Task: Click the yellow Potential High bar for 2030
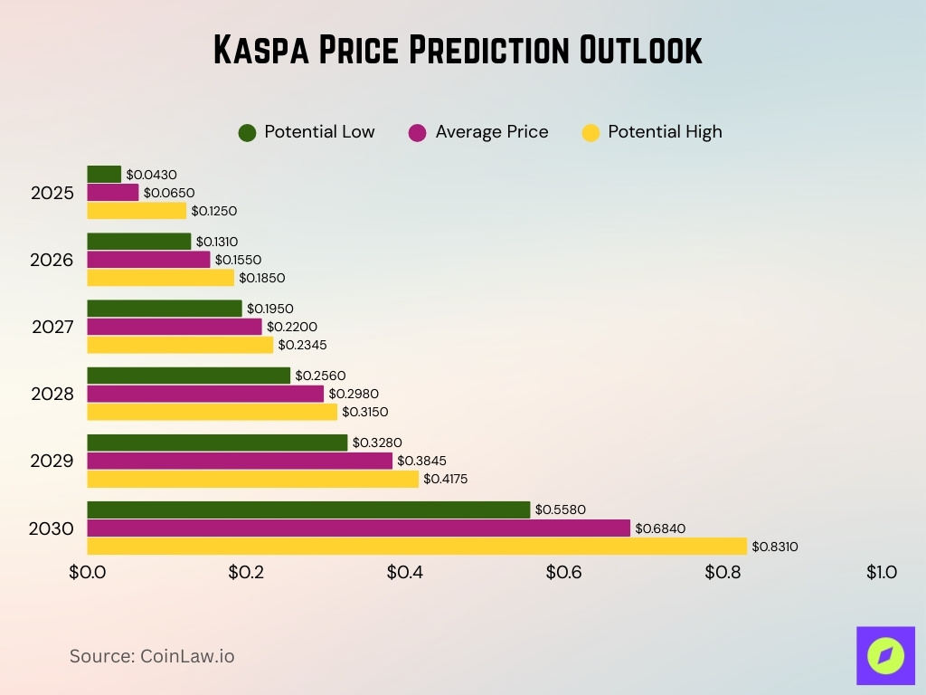pyautogui.click(x=417, y=547)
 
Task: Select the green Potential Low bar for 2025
pyautogui.click(x=104, y=174)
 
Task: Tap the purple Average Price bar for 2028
pyautogui.click(x=205, y=394)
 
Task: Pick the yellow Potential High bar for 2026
pyautogui.click(x=160, y=278)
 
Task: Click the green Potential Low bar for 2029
pyautogui.click(x=217, y=443)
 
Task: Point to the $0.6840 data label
pyautogui.click(x=658, y=528)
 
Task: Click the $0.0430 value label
pyautogui.click(x=151, y=174)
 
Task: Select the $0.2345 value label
pyautogui.click(x=302, y=345)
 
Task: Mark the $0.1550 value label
pyautogui.click(x=238, y=260)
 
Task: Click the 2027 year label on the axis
pyautogui.click(x=52, y=327)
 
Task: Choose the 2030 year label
pyautogui.click(x=52, y=528)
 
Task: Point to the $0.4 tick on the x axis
pyautogui.click(x=404, y=573)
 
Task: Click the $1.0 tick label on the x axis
pyautogui.click(x=881, y=573)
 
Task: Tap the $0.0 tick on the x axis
pyautogui.click(x=88, y=573)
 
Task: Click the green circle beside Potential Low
pyautogui.click(x=247, y=132)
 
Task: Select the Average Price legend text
pyautogui.click(x=491, y=132)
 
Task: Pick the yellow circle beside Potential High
pyautogui.click(x=591, y=132)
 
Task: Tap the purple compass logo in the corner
pyautogui.click(x=885, y=655)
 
